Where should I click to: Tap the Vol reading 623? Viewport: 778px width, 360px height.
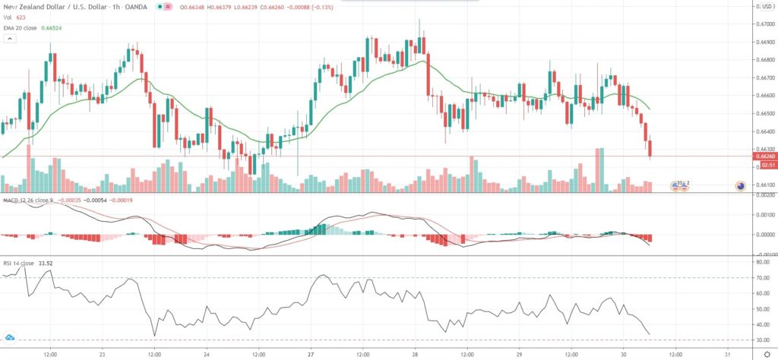coord(21,17)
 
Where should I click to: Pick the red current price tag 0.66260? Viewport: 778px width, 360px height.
coord(764,156)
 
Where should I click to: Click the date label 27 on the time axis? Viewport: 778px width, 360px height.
coord(311,353)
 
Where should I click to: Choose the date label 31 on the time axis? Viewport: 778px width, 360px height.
coord(727,353)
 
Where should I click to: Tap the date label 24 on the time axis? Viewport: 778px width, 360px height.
coord(205,353)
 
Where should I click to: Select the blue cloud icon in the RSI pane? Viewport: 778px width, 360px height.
coord(10,337)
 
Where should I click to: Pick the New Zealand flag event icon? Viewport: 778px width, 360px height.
coord(741,185)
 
